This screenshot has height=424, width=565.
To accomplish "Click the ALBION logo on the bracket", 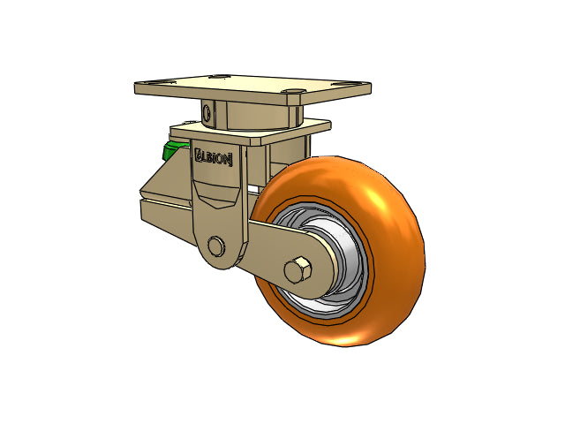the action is tap(214, 157).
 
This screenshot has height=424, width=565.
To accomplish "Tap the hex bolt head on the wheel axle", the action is tap(298, 270).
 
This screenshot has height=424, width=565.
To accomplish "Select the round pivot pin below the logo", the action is tap(216, 246).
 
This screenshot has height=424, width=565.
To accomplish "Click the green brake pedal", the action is tap(174, 150).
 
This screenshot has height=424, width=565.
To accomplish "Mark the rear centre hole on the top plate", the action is tap(219, 77).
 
